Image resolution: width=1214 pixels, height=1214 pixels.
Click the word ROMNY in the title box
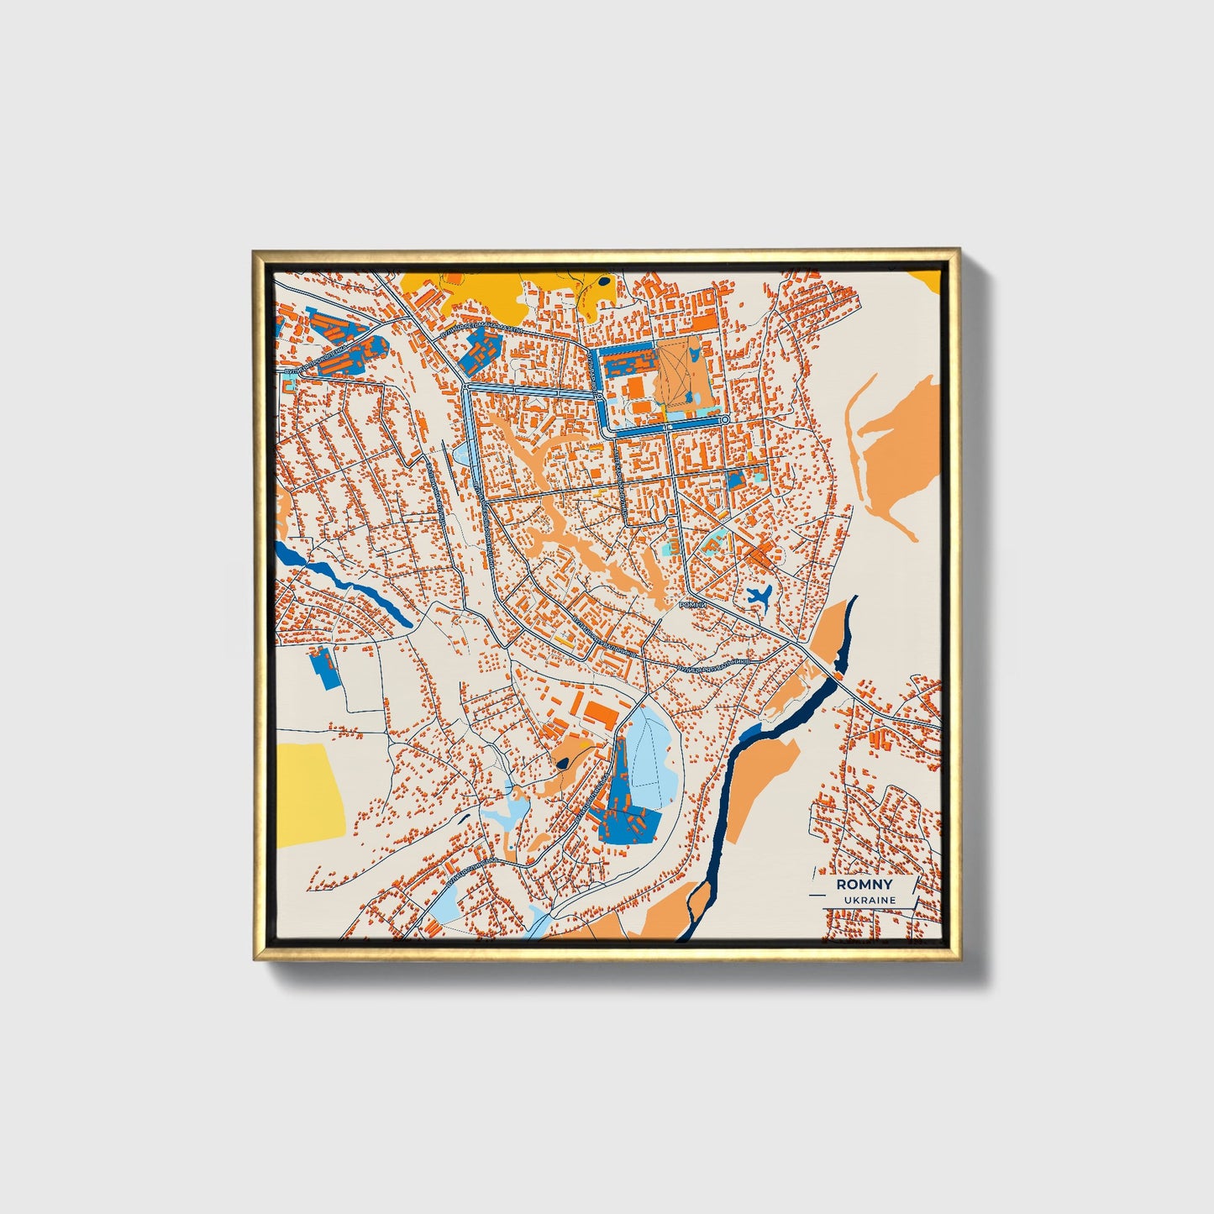(865, 885)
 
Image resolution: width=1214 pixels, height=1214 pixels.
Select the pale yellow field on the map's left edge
(310, 790)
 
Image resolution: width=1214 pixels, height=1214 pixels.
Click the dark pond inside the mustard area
(604, 281)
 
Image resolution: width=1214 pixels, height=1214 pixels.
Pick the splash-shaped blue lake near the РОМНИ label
(759, 597)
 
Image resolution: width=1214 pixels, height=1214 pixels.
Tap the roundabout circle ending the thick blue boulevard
(724, 418)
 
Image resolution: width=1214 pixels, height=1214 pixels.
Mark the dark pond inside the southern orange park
(560, 764)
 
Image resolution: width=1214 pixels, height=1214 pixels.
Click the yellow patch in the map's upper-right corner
(928, 278)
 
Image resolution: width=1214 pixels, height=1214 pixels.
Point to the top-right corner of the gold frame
(957, 251)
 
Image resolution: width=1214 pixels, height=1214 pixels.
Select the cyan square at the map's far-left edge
(287, 384)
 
